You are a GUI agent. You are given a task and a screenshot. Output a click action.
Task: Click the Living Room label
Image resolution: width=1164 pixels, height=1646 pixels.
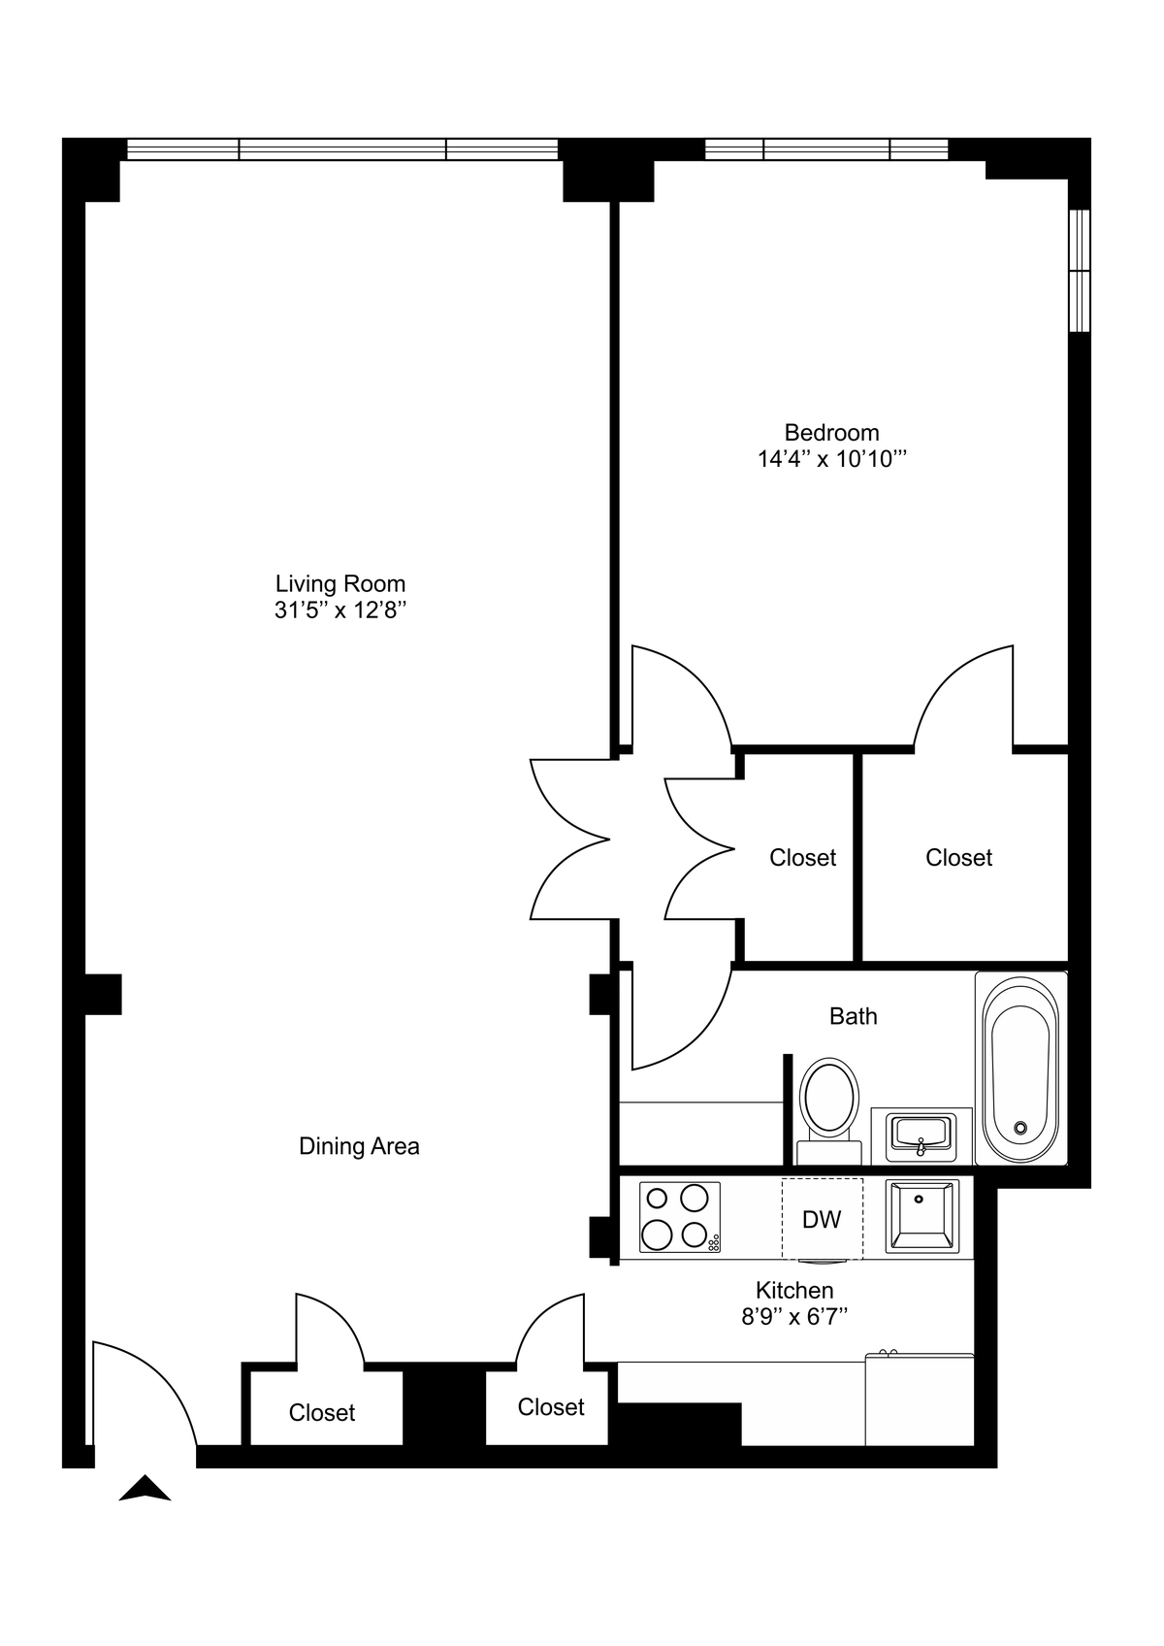(x=340, y=583)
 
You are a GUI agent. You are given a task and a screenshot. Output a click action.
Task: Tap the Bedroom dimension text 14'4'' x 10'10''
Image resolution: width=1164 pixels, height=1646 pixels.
(x=831, y=459)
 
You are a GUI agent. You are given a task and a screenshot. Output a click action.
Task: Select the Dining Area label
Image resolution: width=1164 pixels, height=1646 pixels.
(x=359, y=1146)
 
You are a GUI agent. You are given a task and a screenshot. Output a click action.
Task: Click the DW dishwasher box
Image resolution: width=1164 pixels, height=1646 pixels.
(x=822, y=1219)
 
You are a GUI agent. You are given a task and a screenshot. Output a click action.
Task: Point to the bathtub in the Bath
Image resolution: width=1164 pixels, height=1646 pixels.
(x=1019, y=1068)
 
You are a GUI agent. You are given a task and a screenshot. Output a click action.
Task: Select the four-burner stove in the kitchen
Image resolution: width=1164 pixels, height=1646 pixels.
(x=680, y=1217)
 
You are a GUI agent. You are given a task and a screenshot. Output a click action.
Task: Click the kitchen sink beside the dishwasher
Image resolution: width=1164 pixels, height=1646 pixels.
(x=921, y=1216)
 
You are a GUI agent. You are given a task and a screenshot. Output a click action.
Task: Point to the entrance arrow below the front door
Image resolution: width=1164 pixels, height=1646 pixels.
(x=145, y=1490)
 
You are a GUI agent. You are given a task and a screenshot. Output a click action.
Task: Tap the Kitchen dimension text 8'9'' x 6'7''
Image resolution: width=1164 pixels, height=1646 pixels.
(x=794, y=1317)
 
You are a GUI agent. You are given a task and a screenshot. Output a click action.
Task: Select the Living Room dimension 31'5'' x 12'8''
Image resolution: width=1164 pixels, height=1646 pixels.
(x=339, y=610)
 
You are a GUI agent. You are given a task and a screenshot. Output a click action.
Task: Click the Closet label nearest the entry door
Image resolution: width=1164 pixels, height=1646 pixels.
(x=322, y=1413)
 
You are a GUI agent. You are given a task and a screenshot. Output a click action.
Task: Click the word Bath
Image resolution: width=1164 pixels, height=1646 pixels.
(x=853, y=1016)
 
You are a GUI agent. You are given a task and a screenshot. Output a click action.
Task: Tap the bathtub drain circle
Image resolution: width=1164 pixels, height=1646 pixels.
(x=1019, y=1127)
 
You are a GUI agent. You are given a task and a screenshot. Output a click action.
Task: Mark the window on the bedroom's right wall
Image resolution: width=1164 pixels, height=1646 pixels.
(x=1079, y=271)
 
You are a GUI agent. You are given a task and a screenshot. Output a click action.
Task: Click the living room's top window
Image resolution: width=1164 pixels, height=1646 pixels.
(x=342, y=149)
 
